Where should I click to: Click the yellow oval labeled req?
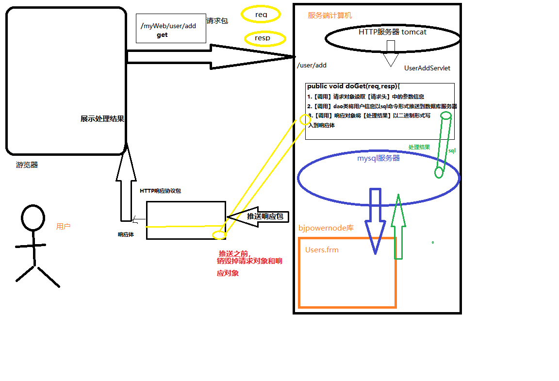point(261,15)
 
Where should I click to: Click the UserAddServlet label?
point(427,68)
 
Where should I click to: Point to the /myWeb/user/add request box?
point(171,28)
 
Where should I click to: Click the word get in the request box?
point(162,35)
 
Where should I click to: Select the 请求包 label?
point(217,21)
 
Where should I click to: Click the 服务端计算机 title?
point(330,16)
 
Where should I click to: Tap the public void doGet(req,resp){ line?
point(353,86)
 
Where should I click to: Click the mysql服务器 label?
point(378,158)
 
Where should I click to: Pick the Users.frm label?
point(322,250)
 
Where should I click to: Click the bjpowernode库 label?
point(326,228)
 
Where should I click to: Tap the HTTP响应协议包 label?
point(160,191)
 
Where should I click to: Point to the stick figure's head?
point(33,217)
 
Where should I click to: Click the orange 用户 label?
point(63,226)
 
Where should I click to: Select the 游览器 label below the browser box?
point(27,165)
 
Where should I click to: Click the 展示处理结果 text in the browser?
point(102,119)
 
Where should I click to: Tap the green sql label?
point(452,151)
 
